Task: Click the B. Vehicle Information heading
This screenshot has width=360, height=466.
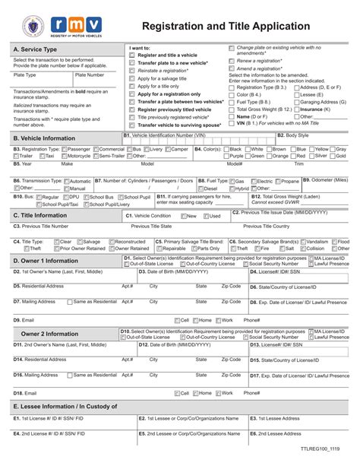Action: [45, 138]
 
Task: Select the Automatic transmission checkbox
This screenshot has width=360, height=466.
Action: [67, 182]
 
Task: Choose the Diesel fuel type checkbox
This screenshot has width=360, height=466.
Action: [202, 189]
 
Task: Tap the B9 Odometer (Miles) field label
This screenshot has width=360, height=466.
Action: [325, 180]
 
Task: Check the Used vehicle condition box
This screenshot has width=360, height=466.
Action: [204, 216]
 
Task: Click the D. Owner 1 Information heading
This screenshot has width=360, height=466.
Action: [47, 260]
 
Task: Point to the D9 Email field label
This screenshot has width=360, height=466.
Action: [24, 320]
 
